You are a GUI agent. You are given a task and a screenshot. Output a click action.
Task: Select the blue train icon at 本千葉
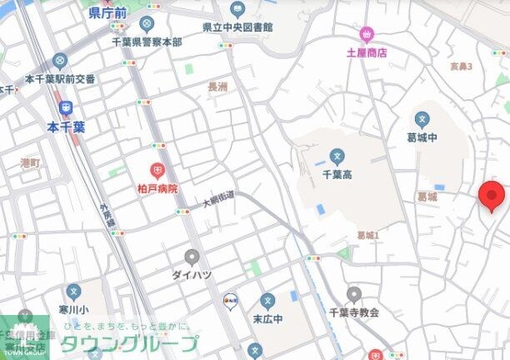(x=66, y=107)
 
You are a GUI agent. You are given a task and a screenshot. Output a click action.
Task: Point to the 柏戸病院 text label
(x=157, y=188)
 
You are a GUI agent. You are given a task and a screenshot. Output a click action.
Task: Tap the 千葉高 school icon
(x=337, y=156)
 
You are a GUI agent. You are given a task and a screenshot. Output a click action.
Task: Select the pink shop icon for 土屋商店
(x=366, y=34)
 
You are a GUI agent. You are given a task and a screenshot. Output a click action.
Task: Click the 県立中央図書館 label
(x=237, y=27)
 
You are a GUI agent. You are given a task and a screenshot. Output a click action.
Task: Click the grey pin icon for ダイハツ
(x=192, y=256)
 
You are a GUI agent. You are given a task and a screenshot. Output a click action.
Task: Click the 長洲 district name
(x=217, y=87)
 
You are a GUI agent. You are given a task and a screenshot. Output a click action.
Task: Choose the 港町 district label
(x=30, y=162)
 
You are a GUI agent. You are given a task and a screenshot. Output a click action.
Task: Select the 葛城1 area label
(x=367, y=236)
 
